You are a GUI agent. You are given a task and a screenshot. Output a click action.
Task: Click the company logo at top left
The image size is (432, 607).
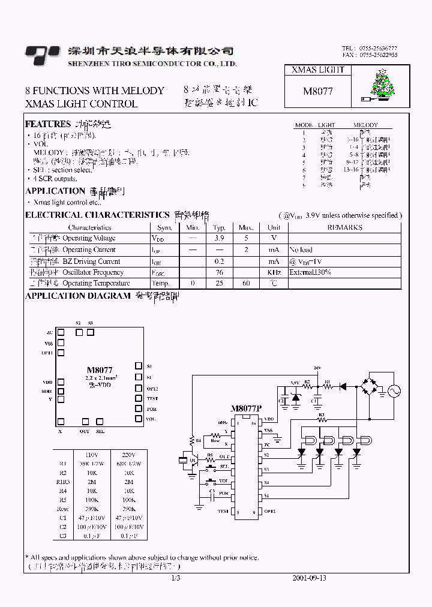[42, 55]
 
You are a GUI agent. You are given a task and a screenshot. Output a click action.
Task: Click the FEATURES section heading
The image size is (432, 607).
[47, 124]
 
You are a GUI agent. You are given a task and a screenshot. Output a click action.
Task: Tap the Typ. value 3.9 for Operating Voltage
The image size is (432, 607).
[218, 238]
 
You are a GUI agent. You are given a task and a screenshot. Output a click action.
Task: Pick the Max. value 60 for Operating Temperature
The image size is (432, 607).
[246, 283]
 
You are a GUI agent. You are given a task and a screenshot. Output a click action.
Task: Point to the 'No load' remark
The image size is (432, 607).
[301, 250]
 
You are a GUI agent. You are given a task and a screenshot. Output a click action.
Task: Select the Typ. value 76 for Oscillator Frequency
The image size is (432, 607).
[218, 272]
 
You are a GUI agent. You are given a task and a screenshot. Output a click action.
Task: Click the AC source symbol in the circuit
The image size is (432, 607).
[395, 390]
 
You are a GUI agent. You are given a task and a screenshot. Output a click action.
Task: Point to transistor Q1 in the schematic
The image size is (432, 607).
[193, 461]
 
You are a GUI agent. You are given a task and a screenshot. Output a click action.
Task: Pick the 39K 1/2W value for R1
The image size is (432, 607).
[91, 464]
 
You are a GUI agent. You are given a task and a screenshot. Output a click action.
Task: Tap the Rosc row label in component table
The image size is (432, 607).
[64, 509]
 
